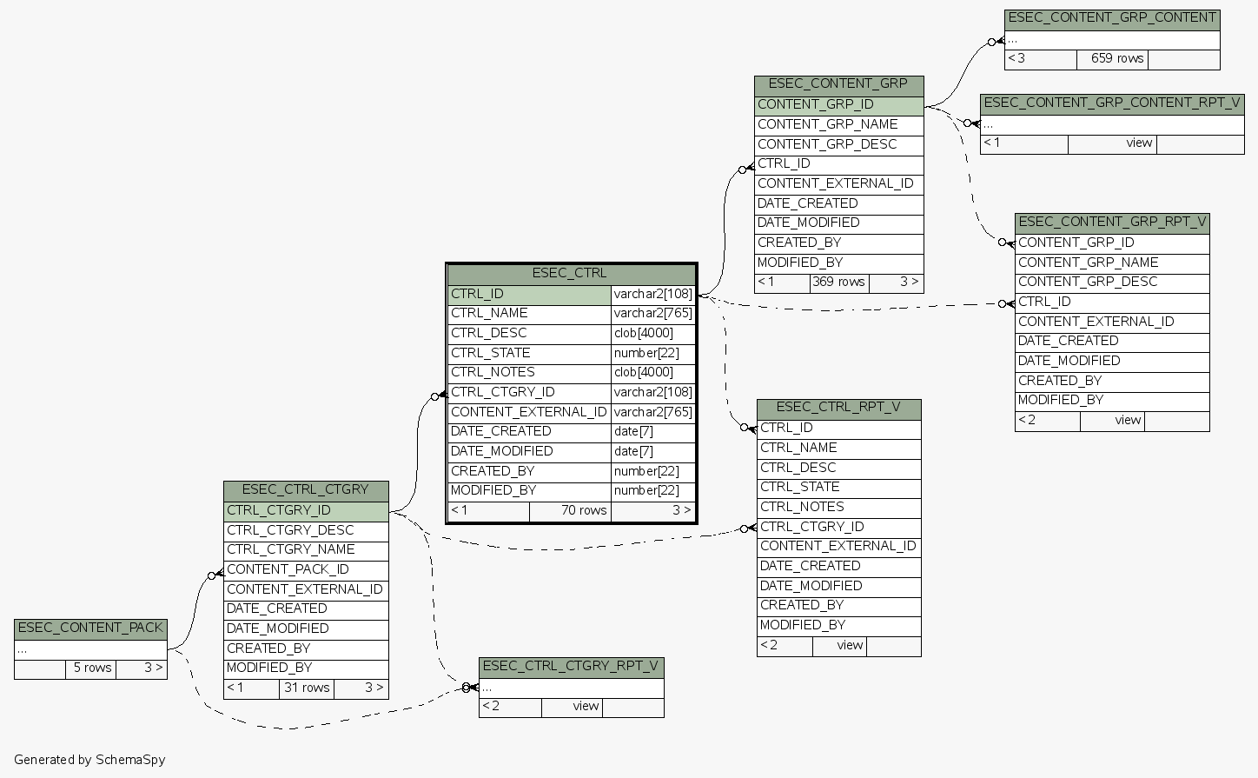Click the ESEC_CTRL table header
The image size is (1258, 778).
570,274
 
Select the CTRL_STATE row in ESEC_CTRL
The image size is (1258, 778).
529,353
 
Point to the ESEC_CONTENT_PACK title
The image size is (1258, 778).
90,628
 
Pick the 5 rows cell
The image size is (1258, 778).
92,668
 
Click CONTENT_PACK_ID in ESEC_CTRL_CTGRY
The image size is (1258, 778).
305,569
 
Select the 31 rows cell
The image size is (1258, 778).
307,688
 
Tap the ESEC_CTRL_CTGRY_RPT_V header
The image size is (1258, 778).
571,667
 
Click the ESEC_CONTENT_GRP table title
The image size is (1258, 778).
838,84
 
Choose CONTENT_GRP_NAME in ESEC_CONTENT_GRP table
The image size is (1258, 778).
838,124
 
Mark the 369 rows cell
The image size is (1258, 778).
838,282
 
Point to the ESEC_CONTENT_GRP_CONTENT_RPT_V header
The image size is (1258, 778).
1112,103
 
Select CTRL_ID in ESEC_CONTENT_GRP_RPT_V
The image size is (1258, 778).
1111,302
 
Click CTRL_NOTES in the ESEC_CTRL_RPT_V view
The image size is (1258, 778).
838,507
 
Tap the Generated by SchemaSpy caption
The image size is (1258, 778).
89,760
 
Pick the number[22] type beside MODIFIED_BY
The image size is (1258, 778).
652,490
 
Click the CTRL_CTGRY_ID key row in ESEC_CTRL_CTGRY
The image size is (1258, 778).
305,510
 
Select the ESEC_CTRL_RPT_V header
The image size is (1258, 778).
838,407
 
